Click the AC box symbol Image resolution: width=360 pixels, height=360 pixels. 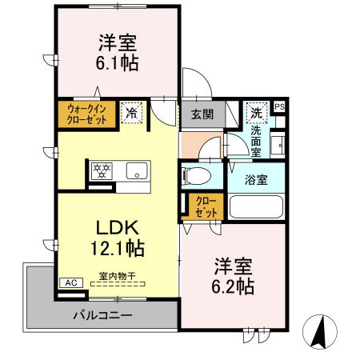70,282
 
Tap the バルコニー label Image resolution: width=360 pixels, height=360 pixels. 103,315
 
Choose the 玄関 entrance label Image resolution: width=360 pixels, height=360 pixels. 202,114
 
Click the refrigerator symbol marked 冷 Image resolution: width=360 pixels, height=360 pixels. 130,112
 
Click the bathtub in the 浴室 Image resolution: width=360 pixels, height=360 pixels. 257,206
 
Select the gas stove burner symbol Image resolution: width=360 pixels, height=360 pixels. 104,170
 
